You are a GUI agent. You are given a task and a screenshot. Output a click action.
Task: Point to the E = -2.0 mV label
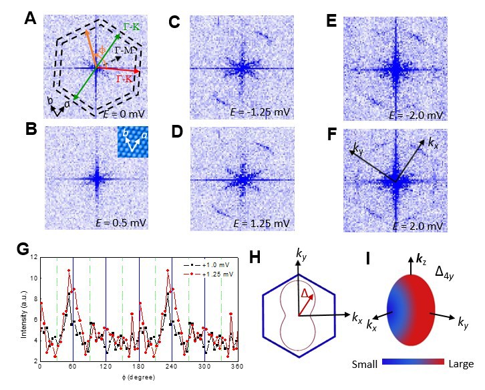point(416,116)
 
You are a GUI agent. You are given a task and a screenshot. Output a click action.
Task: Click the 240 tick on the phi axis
point(172,367)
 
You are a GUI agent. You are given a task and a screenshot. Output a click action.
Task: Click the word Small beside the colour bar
point(366,365)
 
